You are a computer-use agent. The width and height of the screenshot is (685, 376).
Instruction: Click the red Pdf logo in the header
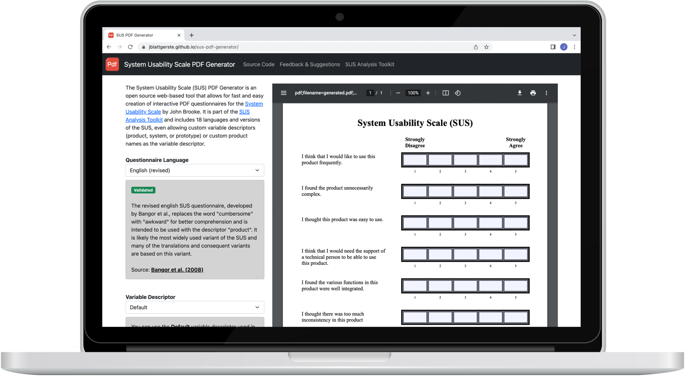pos(112,64)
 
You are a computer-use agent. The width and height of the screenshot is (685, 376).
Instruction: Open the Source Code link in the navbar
pos(259,65)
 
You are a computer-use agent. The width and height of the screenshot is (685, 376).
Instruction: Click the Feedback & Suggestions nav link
pos(310,65)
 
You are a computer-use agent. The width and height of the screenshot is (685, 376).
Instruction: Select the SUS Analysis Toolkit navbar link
pos(370,65)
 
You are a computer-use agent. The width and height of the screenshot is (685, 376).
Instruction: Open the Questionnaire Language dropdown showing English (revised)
pos(195,170)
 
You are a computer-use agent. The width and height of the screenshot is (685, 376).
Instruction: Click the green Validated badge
pos(143,190)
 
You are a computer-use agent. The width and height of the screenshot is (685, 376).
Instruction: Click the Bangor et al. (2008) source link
pos(177,270)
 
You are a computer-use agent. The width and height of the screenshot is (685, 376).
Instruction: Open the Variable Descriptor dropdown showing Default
pos(195,307)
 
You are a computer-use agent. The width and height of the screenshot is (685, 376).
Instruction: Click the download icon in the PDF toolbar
pos(519,93)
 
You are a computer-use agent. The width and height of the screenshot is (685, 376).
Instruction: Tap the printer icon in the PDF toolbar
pos(533,93)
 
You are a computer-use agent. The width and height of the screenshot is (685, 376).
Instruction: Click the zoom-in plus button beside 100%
pos(428,93)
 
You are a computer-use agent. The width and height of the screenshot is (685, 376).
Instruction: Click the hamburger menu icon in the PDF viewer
pos(284,93)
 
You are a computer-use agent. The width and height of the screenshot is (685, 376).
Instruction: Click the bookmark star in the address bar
pos(486,47)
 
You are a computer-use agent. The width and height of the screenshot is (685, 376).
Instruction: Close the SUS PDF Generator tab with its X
pos(179,35)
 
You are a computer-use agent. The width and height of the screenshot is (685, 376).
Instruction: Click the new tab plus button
pos(191,35)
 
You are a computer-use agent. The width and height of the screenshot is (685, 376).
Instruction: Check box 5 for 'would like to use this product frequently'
pos(515,160)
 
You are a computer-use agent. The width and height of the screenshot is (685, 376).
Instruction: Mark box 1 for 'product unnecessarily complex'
pos(415,192)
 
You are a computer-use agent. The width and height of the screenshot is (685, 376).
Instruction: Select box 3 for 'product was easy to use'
pos(465,223)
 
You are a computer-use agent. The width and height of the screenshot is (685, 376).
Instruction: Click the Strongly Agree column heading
pos(515,142)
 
